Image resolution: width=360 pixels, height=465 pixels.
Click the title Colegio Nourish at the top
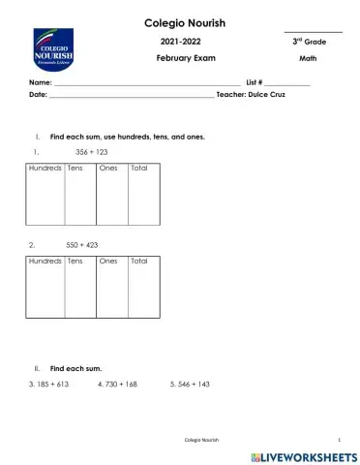[x=185, y=22]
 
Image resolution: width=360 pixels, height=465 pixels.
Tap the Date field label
[x=38, y=95]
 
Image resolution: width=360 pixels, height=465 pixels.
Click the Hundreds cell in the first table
[x=45, y=169]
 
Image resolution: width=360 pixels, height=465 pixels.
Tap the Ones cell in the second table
[x=108, y=262]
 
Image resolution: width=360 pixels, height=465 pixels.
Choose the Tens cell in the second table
[x=75, y=262]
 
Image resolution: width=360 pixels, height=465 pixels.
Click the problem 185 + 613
[x=49, y=385]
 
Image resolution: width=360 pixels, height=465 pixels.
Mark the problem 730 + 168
[x=118, y=385]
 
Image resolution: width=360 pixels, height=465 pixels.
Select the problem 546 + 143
[x=190, y=385]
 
